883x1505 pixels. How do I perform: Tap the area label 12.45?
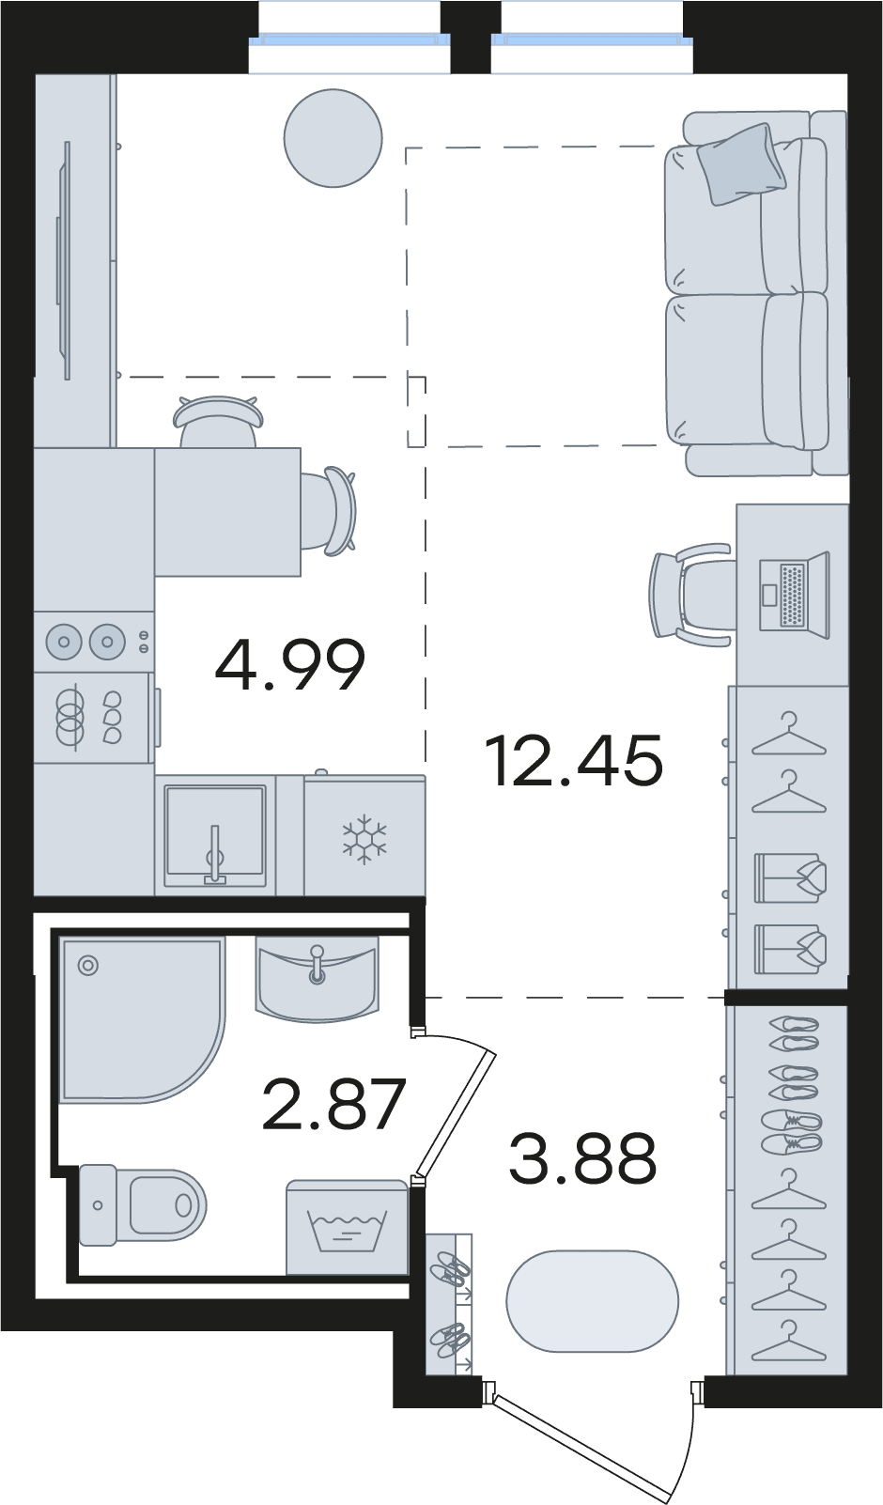(x=576, y=760)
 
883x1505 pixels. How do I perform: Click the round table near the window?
(x=333, y=138)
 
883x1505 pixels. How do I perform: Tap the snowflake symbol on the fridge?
(x=364, y=839)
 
